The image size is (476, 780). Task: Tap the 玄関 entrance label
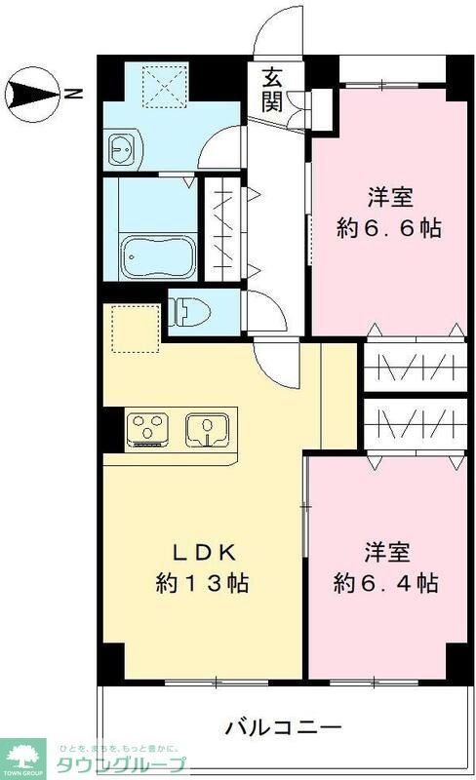(274, 88)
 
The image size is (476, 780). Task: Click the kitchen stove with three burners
(148, 430)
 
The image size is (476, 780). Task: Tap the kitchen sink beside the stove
(207, 430)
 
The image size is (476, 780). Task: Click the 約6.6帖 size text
(389, 230)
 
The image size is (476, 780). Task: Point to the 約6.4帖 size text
(384, 584)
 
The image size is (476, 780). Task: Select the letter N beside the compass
(74, 95)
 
